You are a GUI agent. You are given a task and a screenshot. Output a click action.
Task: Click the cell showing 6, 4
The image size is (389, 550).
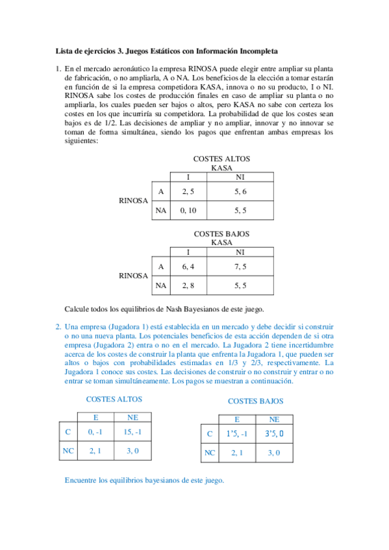coord(188,266)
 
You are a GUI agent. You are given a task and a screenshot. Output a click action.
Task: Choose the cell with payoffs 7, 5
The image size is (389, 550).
coord(240,266)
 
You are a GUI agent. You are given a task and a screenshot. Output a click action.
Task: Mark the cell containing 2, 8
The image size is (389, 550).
coord(188,285)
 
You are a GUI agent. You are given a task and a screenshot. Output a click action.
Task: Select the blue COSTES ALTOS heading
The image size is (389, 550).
coord(114,400)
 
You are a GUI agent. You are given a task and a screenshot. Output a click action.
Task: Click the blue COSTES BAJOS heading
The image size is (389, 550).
coord(255,401)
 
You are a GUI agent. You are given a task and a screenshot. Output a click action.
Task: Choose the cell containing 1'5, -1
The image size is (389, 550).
coord(236,434)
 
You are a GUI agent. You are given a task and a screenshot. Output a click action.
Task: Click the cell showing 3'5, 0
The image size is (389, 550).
coord(274,434)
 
